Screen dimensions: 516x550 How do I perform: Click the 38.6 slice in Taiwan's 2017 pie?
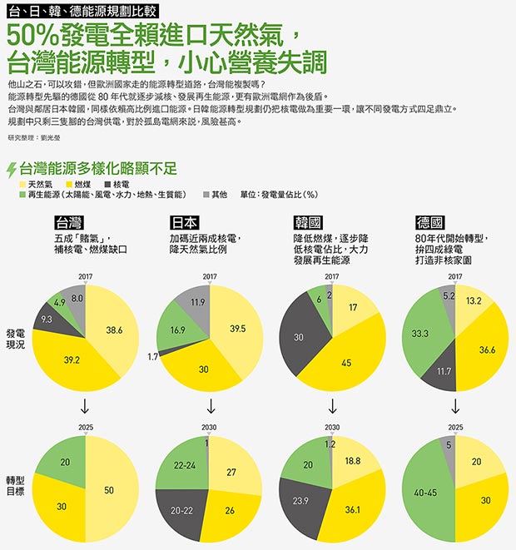point(112,330)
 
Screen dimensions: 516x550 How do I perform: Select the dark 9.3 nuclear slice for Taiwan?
point(47,320)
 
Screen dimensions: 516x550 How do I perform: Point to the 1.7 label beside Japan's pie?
point(152,357)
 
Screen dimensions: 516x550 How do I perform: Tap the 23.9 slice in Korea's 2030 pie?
point(301,501)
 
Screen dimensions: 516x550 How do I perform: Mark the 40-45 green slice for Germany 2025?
point(426,493)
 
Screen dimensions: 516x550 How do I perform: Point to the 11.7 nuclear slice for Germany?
point(443,371)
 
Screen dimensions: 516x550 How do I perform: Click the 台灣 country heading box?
point(69,222)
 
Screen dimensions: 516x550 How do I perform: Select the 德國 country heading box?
point(429,222)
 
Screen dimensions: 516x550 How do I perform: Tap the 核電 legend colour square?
point(107,184)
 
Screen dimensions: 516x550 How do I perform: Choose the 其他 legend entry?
point(215,195)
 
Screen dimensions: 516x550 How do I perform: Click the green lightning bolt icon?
point(12,170)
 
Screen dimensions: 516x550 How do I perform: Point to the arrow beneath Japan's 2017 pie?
point(211,406)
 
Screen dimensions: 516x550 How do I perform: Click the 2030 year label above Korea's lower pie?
point(332,427)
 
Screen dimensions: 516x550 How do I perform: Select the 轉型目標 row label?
point(16,486)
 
